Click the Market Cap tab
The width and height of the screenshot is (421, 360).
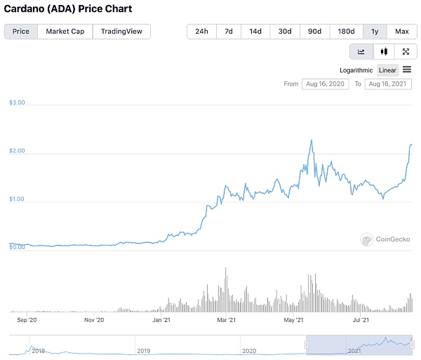click(65, 32)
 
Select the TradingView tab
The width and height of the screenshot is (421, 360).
click(121, 32)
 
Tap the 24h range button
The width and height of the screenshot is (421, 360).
click(201, 32)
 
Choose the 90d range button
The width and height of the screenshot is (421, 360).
click(314, 32)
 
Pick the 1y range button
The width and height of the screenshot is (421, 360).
click(374, 32)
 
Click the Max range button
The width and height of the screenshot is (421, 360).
click(401, 32)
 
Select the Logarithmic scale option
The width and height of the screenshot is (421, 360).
click(356, 70)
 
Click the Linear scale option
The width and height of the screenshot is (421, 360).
click(387, 70)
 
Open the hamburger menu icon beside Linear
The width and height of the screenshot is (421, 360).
click(406, 69)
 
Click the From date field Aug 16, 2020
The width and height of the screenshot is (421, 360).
click(325, 84)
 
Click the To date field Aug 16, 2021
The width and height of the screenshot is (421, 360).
click(387, 84)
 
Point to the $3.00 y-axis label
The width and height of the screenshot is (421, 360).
click(17, 102)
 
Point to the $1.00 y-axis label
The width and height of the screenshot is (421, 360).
click(17, 199)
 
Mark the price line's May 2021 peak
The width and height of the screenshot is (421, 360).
click(311, 140)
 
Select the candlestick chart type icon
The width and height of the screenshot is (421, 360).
click(383, 51)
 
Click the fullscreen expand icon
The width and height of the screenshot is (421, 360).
click(406, 51)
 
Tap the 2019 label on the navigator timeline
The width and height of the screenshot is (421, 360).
click(143, 350)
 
